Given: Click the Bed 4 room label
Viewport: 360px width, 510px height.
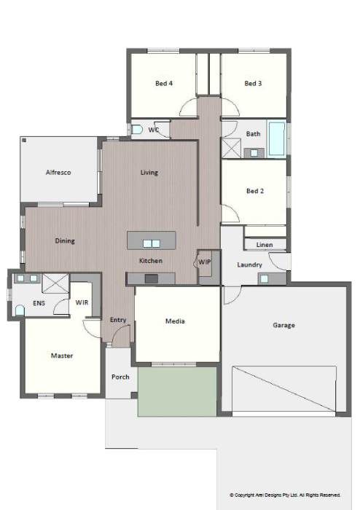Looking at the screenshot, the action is click(x=164, y=83).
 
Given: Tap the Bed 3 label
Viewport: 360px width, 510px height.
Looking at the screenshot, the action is click(x=253, y=83).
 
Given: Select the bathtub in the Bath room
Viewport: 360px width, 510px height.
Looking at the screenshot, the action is click(x=277, y=138).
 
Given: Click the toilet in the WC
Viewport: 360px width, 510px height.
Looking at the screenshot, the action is click(x=137, y=130).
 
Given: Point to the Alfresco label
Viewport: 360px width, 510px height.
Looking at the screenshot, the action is click(x=58, y=173).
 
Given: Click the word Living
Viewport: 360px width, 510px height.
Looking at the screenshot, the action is click(x=149, y=173).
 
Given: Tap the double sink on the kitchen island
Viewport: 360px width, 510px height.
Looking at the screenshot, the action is click(x=152, y=243).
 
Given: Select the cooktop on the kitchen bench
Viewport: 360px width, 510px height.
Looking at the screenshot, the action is click(x=152, y=279).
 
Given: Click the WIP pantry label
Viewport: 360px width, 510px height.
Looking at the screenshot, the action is click(x=205, y=262).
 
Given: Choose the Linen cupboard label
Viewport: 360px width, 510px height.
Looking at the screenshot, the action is click(x=265, y=245).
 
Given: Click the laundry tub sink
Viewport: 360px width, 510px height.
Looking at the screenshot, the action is click(x=264, y=279).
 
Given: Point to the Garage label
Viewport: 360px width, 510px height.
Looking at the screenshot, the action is click(x=284, y=325).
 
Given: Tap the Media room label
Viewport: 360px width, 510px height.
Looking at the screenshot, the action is click(x=175, y=321).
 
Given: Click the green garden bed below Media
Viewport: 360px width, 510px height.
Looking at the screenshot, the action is click(x=177, y=392).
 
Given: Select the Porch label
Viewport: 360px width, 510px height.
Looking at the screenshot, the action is click(x=120, y=377).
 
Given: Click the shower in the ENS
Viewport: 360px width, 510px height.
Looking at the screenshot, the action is click(x=55, y=283).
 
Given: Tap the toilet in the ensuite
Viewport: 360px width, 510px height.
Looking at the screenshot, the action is click(x=20, y=310).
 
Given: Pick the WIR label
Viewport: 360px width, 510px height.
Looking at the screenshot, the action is click(x=82, y=302).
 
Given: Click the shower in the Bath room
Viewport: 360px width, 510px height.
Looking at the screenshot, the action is click(x=231, y=148).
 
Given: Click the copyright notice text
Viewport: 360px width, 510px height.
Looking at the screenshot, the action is click(x=285, y=495).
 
